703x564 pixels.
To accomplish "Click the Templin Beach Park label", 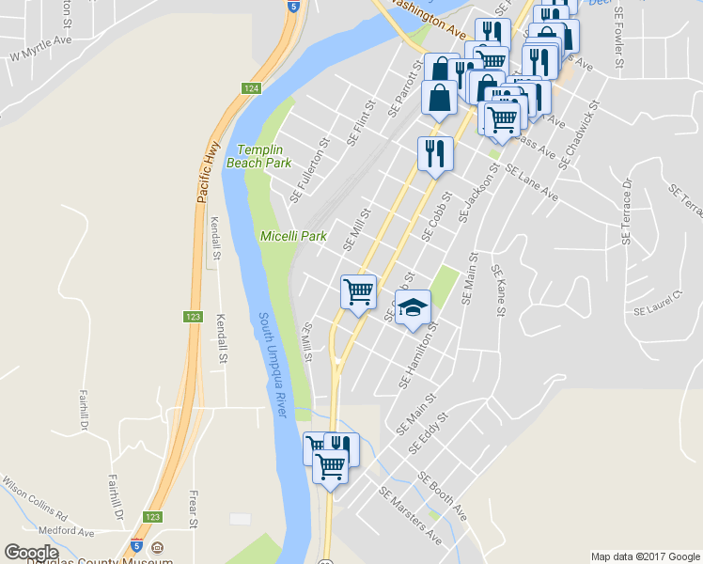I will tap(264, 156).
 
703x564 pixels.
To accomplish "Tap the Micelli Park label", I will tap(292, 236).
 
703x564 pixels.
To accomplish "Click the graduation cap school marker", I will tap(412, 307).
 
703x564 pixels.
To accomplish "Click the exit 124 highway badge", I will tap(249, 88).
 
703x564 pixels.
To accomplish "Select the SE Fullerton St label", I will tap(311, 172).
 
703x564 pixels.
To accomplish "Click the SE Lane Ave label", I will tap(531, 183).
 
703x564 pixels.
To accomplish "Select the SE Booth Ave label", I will tap(443, 496).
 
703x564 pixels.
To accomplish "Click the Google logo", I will tap(31, 553).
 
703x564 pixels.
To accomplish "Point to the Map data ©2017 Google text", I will tap(645, 556).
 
